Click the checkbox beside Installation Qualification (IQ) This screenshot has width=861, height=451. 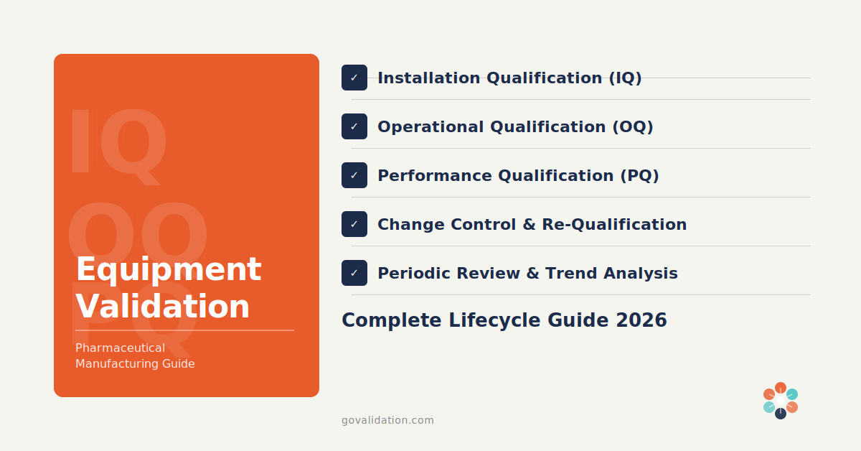point(354,78)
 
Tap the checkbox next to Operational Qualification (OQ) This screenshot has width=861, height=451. point(354,126)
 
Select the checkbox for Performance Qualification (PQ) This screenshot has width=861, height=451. point(354,175)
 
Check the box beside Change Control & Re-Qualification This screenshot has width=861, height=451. point(354,224)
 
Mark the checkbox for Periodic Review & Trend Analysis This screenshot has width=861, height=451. point(354,273)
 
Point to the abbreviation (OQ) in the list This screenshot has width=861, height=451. point(632,126)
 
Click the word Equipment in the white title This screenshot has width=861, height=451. point(168,270)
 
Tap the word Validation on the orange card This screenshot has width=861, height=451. point(162,307)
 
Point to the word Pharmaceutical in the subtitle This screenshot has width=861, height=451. point(120,348)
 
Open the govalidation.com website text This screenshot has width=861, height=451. point(387,420)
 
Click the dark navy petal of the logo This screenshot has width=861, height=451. point(781,414)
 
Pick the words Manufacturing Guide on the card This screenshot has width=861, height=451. point(135,364)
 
